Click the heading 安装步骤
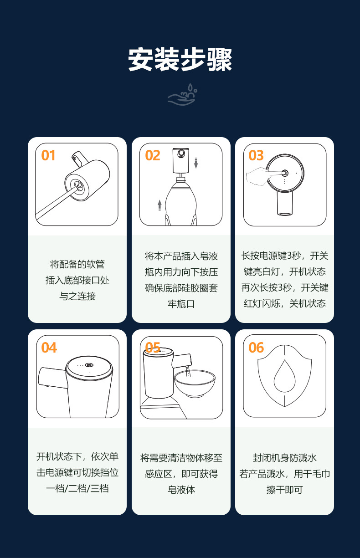pyautogui.click(x=180, y=59)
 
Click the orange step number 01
pyautogui.click(x=48, y=156)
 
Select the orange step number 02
pyautogui.click(x=153, y=156)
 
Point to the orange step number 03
pyautogui.click(x=256, y=156)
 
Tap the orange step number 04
pyautogui.click(x=49, y=348)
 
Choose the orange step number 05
pyautogui.click(x=153, y=348)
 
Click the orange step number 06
pyautogui.click(x=256, y=348)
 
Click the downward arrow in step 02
pyautogui.click(x=196, y=162)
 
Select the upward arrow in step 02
pyautogui.click(x=159, y=205)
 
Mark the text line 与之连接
pyautogui.click(x=77, y=296)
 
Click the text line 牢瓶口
pyautogui.click(x=181, y=304)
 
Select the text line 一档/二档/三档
pyautogui.click(x=77, y=488)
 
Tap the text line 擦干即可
pyautogui.click(x=284, y=490)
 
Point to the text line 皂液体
pyautogui.click(x=181, y=490)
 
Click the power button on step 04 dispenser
pyautogui.click(x=89, y=365)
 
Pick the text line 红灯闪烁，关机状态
pyautogui.click(x=284, y=304)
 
